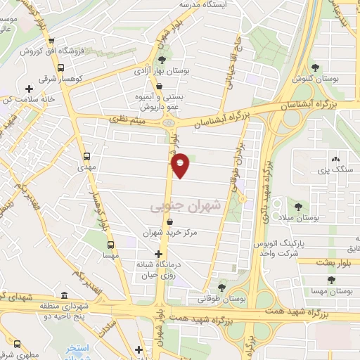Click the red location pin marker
click(x=181, y=165)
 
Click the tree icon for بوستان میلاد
click(x=300, y=206)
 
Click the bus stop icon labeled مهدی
click(x=86, y=157)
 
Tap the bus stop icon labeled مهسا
click(x=110, y=245)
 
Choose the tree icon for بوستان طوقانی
click(x=221, y=287)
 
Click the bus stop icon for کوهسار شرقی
click(x=60, y=68)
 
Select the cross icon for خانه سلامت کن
click(x=29, y=89)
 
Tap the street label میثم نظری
click(x=126, y=121)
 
